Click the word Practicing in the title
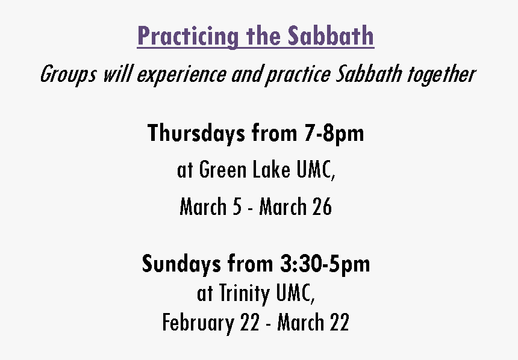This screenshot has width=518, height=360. pos(188,36)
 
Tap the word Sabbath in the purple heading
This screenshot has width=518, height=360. pos(331,36)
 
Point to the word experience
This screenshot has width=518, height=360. pos(182,75)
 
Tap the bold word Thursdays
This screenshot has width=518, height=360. pos(196,134)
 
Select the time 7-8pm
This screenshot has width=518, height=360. pos(334,134)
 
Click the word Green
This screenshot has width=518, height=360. pos(223,169)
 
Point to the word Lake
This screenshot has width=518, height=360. pos(272,169)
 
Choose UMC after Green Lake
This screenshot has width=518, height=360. pos(316,170)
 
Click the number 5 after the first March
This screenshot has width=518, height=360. pos(237,207)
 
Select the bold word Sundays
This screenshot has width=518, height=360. pos(181,264)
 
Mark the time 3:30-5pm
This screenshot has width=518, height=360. pos(325,264)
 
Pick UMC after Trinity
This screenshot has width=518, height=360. pos(295,293)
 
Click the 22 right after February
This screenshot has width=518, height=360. pos(250,322)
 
